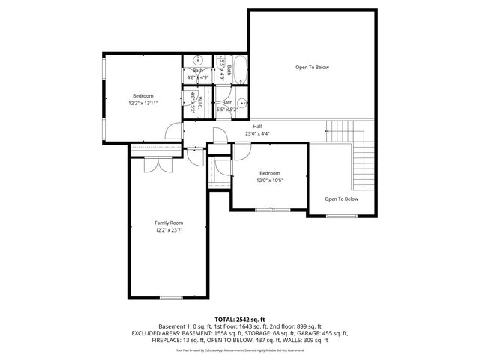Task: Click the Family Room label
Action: click(169, 223)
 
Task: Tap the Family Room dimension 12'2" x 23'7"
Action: click(169, 231)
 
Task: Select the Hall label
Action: click(257, 126)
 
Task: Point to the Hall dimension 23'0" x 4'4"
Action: click(257, 134)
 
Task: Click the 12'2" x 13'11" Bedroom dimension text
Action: click(143, 103)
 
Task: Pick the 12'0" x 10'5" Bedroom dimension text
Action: click(270, 181)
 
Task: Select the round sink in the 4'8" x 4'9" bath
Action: click(198, 61)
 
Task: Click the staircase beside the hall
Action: click(364, 165)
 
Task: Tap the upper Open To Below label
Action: click(312, 67)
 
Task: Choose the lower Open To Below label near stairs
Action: click(341, 199)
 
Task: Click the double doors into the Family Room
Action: click(154, 165)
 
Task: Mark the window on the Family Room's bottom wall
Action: click(171, 298)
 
